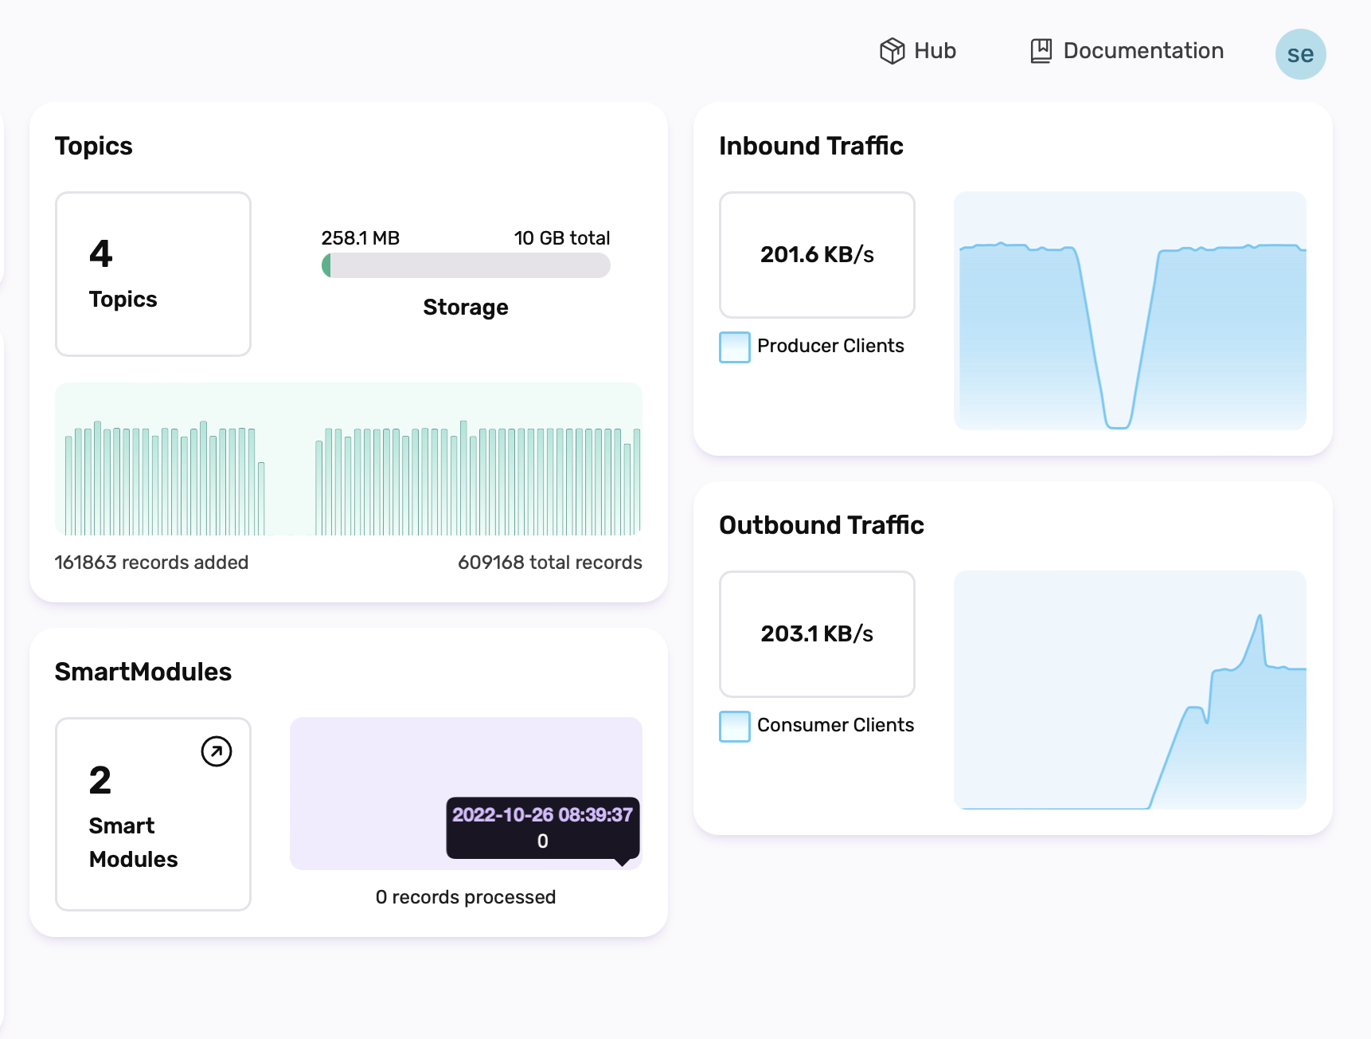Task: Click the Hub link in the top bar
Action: [934, 51]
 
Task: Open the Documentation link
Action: [1142, 51]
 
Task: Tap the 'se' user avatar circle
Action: [1300, 54]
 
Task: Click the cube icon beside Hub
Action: [892, 51]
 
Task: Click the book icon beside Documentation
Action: [1041, 51]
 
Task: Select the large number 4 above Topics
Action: [101, 253]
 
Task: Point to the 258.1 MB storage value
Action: [360, 238]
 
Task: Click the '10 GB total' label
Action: [561, 238]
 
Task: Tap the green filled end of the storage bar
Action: [326, 265]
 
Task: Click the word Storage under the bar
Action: [465, 308]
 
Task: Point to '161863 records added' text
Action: [151, 563]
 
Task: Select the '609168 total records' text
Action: [549, 563]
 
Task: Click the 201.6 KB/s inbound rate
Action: [817, 255]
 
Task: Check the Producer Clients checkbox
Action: [734, 347]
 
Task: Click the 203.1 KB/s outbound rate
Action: [817, 634]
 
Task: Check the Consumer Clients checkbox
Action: [734, 727]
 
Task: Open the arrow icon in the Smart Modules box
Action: [216, 751]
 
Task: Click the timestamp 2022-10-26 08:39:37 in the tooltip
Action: [542, 815]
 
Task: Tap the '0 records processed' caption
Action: [465, 897]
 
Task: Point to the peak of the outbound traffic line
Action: [1260, 615]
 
